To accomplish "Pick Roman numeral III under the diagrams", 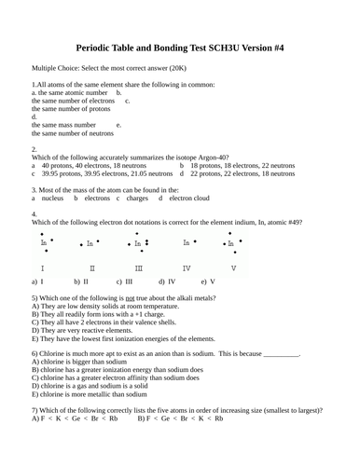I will [x=139, y=268].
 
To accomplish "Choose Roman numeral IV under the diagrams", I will [x=187, y=268].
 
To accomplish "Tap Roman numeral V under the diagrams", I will [x=233, y=268].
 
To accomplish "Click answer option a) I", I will [x=37, y=281].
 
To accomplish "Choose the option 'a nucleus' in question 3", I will [x=48, y=198].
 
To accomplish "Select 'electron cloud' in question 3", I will [x=186, y=198].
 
